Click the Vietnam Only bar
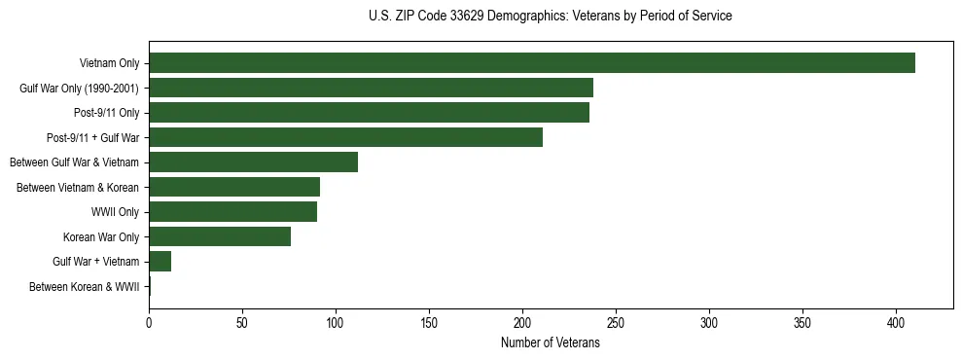pos(531,63)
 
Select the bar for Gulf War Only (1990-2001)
pos(371,89)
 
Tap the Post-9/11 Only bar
pos(369,113)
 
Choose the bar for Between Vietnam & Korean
pos(234,187)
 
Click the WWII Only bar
pos(232,212)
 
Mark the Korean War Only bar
pos(220,236)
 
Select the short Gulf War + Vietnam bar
pos(160,262)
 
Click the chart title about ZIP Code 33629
pos(551,17)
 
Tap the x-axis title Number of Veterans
pos(550,343)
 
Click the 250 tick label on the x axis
pos(616,322)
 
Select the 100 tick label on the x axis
pos(336,322)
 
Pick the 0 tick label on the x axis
pos(149,322)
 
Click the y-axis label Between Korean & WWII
pos(84,287)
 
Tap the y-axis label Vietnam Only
pos(109,64)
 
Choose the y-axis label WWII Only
pos(115,212)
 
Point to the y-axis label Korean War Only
pos(101,237)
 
